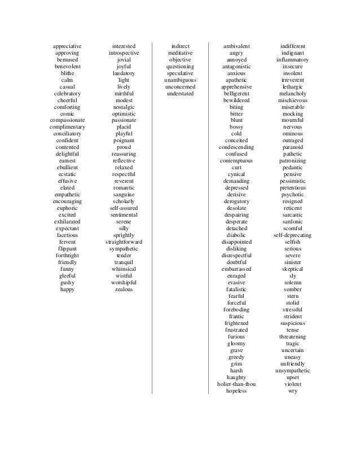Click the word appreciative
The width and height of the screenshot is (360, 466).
67,46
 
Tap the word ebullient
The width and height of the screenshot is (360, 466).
67,168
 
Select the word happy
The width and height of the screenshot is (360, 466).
67,289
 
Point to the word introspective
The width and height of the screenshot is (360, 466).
124,52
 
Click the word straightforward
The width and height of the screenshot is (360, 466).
124,242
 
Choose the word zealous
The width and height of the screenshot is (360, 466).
124,289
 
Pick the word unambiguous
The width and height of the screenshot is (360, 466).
180,80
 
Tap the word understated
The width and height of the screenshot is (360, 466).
180,93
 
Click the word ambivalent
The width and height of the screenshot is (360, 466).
236,46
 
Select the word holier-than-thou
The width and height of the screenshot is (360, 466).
236,384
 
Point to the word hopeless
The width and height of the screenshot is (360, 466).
236,391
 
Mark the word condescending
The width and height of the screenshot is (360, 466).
236,147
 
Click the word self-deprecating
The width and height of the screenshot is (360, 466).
293,235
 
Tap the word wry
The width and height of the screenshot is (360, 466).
293,391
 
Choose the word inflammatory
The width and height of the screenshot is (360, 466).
293,59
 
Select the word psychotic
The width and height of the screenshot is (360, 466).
293,195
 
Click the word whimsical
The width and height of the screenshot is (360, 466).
124,269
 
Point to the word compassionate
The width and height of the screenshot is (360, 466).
67,120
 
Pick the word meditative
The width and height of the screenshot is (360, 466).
180,52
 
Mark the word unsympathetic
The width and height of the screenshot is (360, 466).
293,371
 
